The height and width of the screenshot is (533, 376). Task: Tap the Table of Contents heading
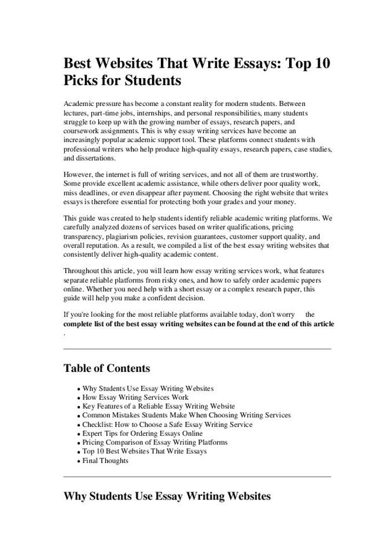[x=106, y=368]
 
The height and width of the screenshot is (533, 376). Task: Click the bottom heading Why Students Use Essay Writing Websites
[x=167, y=496]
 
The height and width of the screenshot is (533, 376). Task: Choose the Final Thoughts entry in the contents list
[x=105, y=461]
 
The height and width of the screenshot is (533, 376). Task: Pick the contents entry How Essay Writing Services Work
[x=135, y=398]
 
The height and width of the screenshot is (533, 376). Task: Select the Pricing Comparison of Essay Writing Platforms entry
[x=155, y=442]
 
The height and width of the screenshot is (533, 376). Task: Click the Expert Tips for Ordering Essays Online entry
[x=142, y=433]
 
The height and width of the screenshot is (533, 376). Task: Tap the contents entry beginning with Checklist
[x=167, y=425]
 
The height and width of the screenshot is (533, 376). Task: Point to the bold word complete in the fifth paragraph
[x=79, y=324]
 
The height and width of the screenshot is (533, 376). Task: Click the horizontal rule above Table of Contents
[x=197, y=349]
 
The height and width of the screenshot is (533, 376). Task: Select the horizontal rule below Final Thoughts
[x=197, y=477]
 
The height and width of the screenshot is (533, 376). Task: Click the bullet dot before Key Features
[x=78, y=407]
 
